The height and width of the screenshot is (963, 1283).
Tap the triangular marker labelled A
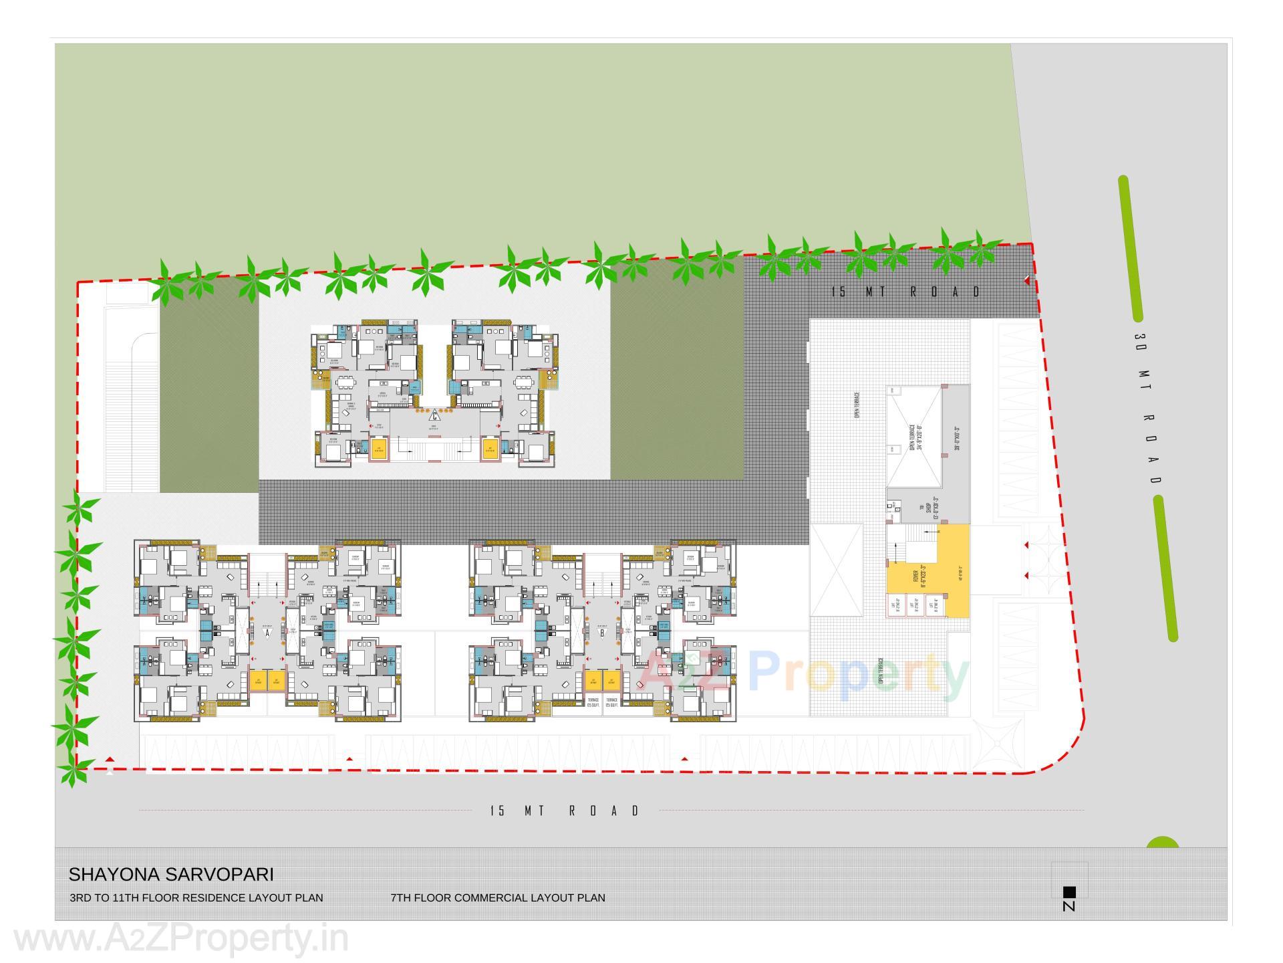(267, 633)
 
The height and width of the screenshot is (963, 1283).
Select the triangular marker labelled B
(602, 633)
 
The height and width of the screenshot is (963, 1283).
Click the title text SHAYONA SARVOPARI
(171, 875)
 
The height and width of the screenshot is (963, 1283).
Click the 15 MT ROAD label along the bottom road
(565, 811)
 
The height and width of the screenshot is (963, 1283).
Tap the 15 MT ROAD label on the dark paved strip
(905, 292)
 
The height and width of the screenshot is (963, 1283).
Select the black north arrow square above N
(1069, 891)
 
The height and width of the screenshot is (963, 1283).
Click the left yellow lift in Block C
(379, 448)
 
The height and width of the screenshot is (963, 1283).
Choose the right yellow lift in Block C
(490, 448)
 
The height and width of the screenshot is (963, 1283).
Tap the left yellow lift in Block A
(258, 681)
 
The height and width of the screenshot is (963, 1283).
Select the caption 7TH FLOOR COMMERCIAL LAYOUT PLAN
(498, 898)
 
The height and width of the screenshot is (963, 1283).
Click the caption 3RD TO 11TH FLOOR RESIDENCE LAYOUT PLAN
(196, 898)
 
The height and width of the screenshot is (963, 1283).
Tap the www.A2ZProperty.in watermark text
(180, 939)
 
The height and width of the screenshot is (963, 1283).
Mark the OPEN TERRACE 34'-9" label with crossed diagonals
(915, 438)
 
